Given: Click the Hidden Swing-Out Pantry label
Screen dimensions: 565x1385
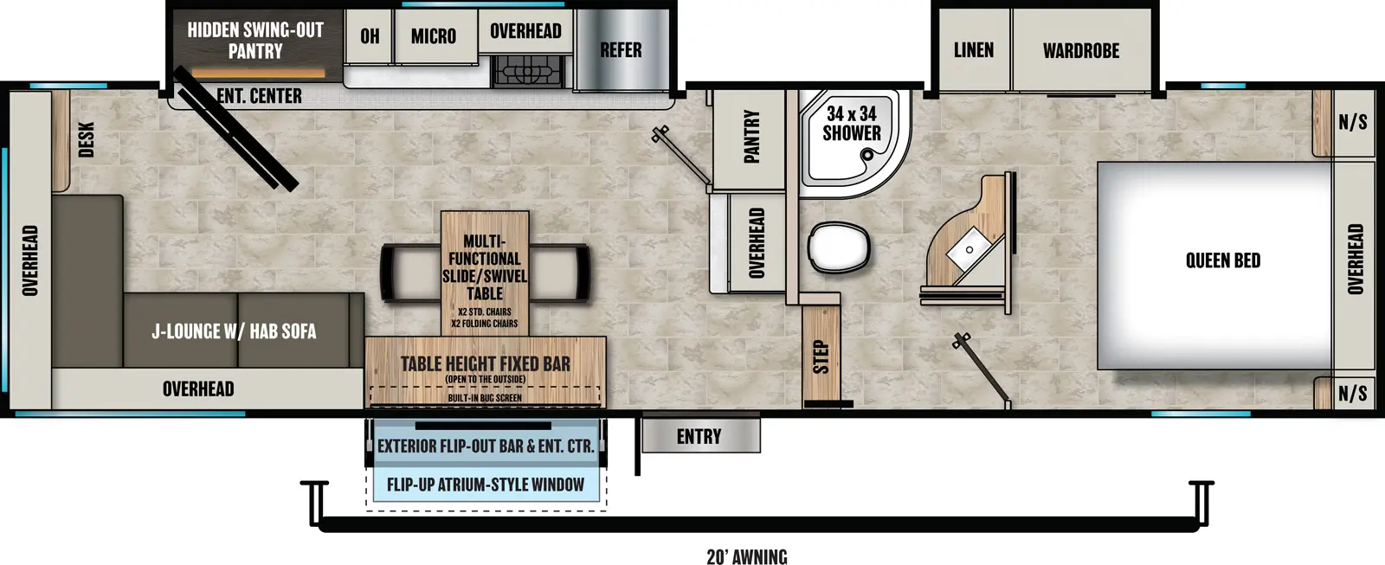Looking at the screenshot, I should (x=255, y=41).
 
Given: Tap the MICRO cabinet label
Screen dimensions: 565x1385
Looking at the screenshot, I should (x=434, y=36).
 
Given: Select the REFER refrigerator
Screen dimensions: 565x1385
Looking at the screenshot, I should (x=621, y=50).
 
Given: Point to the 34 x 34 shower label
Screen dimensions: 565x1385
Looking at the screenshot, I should (x=852, y=123).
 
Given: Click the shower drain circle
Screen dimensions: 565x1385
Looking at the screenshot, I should (x=867, y=156).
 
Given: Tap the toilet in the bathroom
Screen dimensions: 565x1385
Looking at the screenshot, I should (x=837, y=247).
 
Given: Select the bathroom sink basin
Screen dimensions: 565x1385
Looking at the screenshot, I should (x=969, y=249).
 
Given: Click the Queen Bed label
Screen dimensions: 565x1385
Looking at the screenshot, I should (x=1222, y=260).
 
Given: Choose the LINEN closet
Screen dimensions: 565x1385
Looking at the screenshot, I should (x=974, y=50).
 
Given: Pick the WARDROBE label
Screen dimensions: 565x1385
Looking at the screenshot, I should (x=1080, y=51).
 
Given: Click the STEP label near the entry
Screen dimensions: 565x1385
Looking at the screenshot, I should (x=821, y=356).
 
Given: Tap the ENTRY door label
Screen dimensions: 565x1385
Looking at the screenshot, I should (x=699, y=437).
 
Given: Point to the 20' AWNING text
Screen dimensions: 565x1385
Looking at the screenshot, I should (x=747, y=556).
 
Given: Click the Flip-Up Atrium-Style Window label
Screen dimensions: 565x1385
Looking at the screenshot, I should (x=486, y=485).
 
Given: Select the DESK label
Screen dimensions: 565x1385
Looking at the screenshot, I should (x=87, y=139).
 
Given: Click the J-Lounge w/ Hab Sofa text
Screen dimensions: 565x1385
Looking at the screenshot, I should (x=234, y=331).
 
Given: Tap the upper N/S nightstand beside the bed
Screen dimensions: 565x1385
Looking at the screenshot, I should (x=1353, y=122).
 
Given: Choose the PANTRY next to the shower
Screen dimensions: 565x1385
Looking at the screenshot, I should (x=751, y=136).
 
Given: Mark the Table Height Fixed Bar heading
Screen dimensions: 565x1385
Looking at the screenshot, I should (x=486, y=364).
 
